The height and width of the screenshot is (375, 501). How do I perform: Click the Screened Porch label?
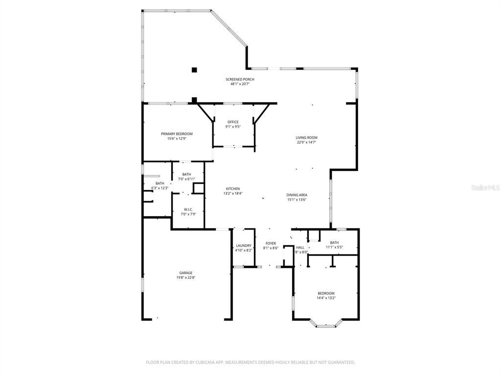240,79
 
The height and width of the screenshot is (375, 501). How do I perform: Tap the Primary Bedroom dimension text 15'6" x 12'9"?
177,138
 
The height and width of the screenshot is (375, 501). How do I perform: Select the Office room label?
233,122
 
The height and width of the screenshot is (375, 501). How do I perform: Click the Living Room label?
306,138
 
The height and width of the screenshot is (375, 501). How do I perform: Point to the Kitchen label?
232,189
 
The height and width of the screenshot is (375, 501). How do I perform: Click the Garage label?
185,273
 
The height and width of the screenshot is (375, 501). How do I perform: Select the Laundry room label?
243,246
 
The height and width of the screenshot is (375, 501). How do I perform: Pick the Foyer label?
271,243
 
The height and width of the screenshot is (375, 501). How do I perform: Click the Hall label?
300,248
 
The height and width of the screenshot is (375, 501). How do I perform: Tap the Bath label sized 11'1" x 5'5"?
334,243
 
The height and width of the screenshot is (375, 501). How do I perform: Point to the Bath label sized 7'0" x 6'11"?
186,174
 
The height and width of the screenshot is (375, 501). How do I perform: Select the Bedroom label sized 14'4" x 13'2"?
325,293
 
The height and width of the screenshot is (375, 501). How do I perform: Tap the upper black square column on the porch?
194,70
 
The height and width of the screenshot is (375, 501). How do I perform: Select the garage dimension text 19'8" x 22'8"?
185,277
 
